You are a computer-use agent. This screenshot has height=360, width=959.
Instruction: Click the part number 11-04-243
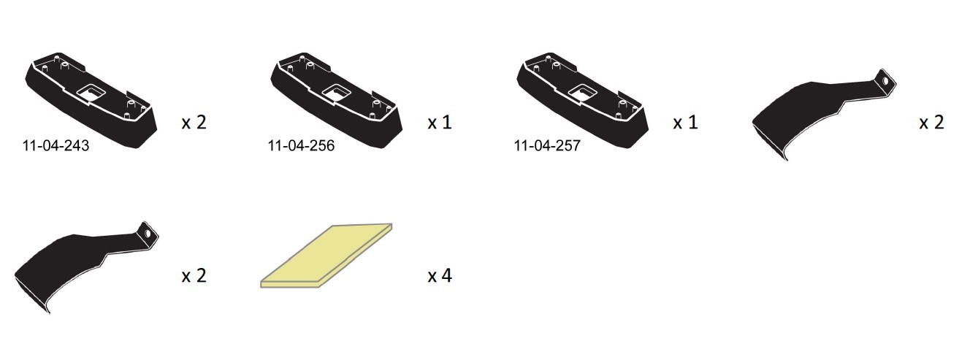click(56, 146)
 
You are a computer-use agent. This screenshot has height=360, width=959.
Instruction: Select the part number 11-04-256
click(301, 146)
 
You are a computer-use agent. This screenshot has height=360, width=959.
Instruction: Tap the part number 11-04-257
click(547, 146)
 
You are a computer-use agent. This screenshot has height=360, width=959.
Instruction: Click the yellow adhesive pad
click(326, 256)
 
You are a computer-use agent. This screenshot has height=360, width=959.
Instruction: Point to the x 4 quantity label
click(440, 276)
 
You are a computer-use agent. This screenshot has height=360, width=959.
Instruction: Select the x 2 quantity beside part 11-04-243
click(194, 122)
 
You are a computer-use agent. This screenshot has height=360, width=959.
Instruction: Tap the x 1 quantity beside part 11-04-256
click(440, 122)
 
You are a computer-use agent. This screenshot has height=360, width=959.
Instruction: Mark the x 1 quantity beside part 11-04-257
click(685, 122)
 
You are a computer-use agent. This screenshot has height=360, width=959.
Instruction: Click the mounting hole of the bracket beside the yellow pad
click(148, 234)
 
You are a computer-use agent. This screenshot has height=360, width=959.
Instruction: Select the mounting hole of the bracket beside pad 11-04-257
click(886, 80)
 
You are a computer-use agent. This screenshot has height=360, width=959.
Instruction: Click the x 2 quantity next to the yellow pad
click(194, 276)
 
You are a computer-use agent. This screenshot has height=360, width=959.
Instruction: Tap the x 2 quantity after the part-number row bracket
click(931, 122)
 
